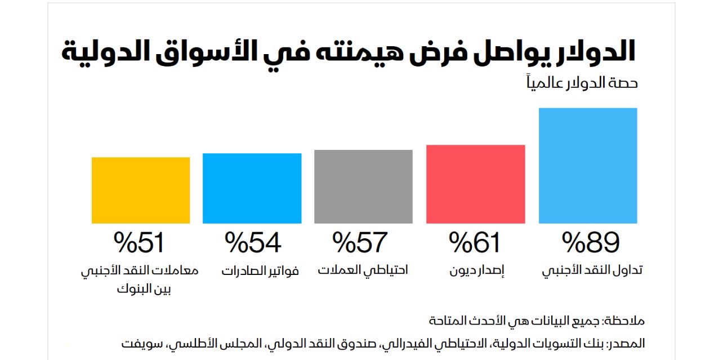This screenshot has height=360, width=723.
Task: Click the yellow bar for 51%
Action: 141,190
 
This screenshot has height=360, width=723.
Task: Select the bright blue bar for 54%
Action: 252,188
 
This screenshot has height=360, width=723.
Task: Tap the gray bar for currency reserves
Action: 363,186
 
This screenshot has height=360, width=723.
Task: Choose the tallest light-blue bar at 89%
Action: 588,166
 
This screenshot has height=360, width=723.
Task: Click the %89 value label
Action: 591,243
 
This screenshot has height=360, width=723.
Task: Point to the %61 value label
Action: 475,243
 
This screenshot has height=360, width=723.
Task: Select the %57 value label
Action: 360,243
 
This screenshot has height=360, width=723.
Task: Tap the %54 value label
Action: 253,243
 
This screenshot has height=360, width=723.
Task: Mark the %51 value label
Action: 139,243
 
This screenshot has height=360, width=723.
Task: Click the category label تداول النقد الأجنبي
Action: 592,270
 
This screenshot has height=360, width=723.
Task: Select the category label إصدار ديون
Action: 476,271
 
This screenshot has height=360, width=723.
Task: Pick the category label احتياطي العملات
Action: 363,270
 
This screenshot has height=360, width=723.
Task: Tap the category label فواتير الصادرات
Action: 260,270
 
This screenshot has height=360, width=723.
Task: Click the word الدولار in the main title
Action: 595,51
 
